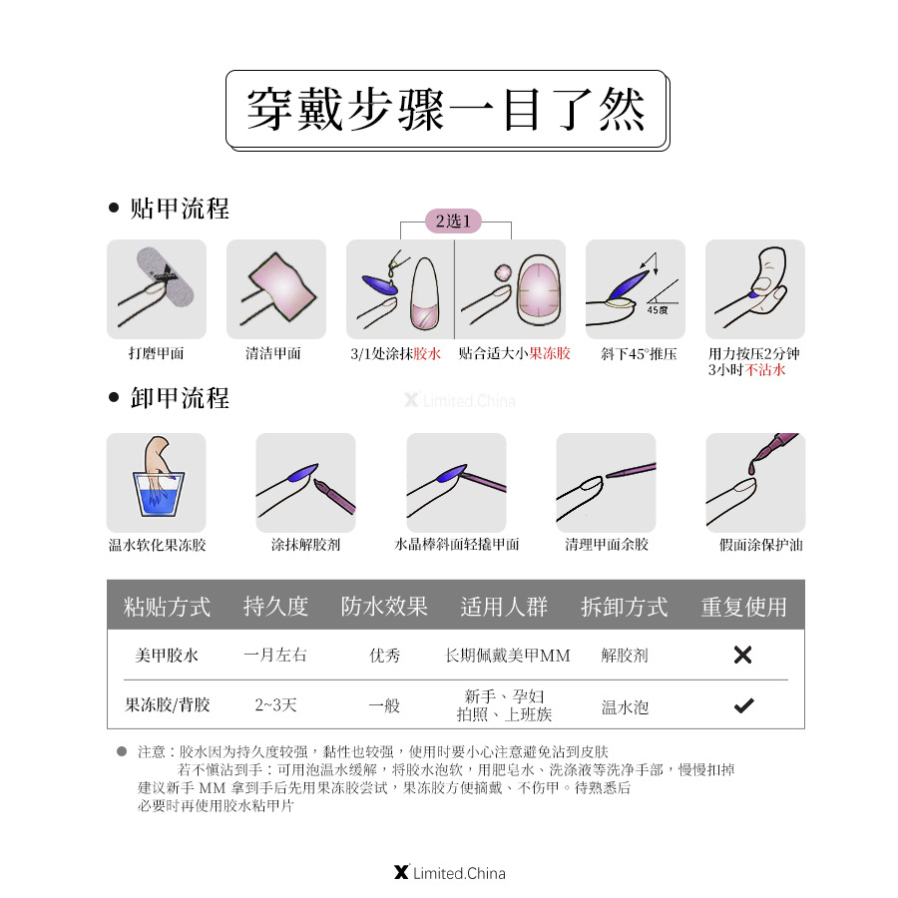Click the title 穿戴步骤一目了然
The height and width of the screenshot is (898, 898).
coord(447,109)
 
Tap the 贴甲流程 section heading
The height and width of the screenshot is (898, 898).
coord(180,209)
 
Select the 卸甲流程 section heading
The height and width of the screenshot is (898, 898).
coord(180,398)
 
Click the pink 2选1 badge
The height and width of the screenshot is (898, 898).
coord(454,221)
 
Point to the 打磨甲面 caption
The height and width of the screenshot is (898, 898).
coord(157,353)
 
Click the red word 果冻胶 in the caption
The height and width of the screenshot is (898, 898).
coord(550,353)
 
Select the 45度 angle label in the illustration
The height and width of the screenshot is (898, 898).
coord(657,310)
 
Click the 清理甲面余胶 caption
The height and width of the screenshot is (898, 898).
coord(607,545)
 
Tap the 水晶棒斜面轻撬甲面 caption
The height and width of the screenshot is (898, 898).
coord(457,545)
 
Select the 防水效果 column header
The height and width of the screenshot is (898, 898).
coord(384,606)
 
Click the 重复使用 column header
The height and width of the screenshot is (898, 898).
coord(743,607)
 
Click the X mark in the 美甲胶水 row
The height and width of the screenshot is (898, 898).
coord(742,656)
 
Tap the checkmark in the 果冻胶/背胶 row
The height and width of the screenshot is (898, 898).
coord(743,705)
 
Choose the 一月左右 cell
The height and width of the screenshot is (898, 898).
coord(275,656)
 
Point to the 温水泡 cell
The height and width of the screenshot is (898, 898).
coord(625,706)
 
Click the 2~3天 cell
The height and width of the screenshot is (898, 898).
coord(275,705)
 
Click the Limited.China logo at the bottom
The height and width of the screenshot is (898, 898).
coord(450,873)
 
